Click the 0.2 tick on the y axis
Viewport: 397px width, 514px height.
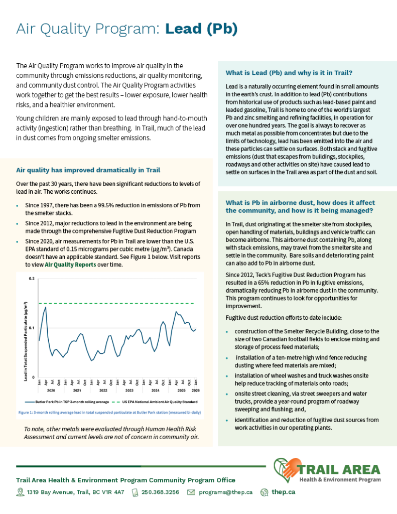point(31,278)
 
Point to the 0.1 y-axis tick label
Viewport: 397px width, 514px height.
point(31,328)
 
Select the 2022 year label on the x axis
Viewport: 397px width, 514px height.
point(103,390)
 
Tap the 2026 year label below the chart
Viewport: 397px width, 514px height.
point(195,390)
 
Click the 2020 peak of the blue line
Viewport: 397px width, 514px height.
point(46,307)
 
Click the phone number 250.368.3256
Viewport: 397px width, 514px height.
point(160,492)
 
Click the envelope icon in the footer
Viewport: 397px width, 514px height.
point(191,492)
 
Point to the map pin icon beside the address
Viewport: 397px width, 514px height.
point(20,492)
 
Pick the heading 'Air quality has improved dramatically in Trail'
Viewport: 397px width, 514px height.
point(88,170)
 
